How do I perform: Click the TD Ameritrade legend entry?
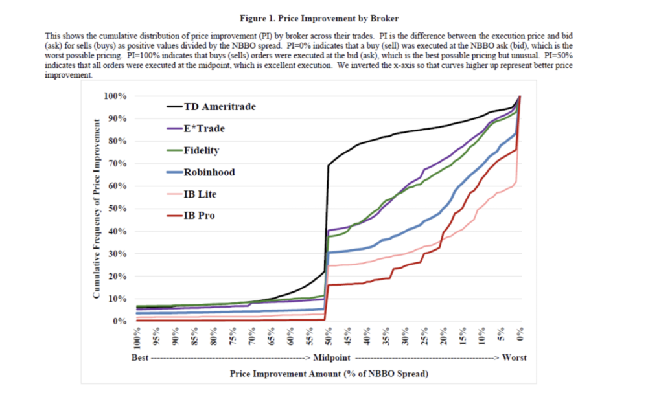coord(220,107)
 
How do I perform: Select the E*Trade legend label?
coord(204,128)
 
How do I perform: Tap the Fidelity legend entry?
coord(202,150)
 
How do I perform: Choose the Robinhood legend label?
coord(209,172)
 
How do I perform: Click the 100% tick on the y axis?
coord(115,96)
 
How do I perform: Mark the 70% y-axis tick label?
coord(117,164)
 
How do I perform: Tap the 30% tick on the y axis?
coord(117,254)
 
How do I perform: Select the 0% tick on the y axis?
coord(120,322)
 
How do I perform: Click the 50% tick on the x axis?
coord(328,338)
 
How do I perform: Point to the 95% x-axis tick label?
coord(156,338)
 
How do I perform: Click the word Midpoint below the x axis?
coord(332,358)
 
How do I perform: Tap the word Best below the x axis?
coord(140,358)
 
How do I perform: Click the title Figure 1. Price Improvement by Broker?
coord(329,19)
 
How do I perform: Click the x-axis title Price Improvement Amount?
coord(329,374)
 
